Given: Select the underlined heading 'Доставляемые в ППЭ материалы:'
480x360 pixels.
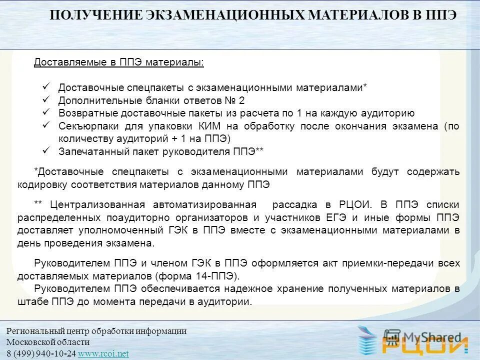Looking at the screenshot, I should point(119,62).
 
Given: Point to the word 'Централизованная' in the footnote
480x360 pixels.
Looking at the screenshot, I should point(97,205).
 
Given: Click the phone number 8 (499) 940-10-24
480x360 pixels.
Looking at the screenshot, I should point(41,353).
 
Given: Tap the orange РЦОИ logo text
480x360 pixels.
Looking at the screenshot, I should point(425,345).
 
